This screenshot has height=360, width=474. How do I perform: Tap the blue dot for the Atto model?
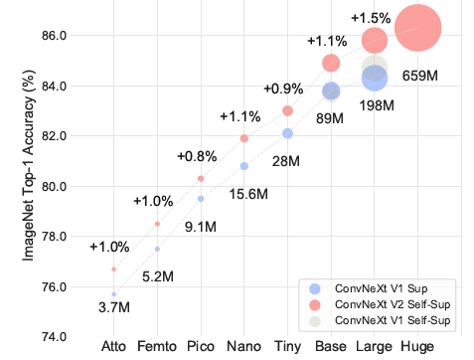pos(114,294)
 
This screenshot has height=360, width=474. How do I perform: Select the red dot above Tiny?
pos(287,110)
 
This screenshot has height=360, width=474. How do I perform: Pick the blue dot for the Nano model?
pos(244,166)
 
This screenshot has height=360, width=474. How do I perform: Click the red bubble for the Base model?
pos(331,64)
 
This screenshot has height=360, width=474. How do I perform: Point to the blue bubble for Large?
pos(374,78)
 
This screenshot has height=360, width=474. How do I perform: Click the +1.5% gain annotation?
pos(370,17)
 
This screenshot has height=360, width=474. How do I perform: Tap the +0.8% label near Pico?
pos(197,157)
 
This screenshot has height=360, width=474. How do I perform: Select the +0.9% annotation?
pos(282,89)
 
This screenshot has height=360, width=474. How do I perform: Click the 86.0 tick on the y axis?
pos(52,35)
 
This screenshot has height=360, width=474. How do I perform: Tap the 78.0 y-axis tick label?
pos(52,237)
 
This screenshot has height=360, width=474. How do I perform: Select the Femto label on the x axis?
pos(157,346)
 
